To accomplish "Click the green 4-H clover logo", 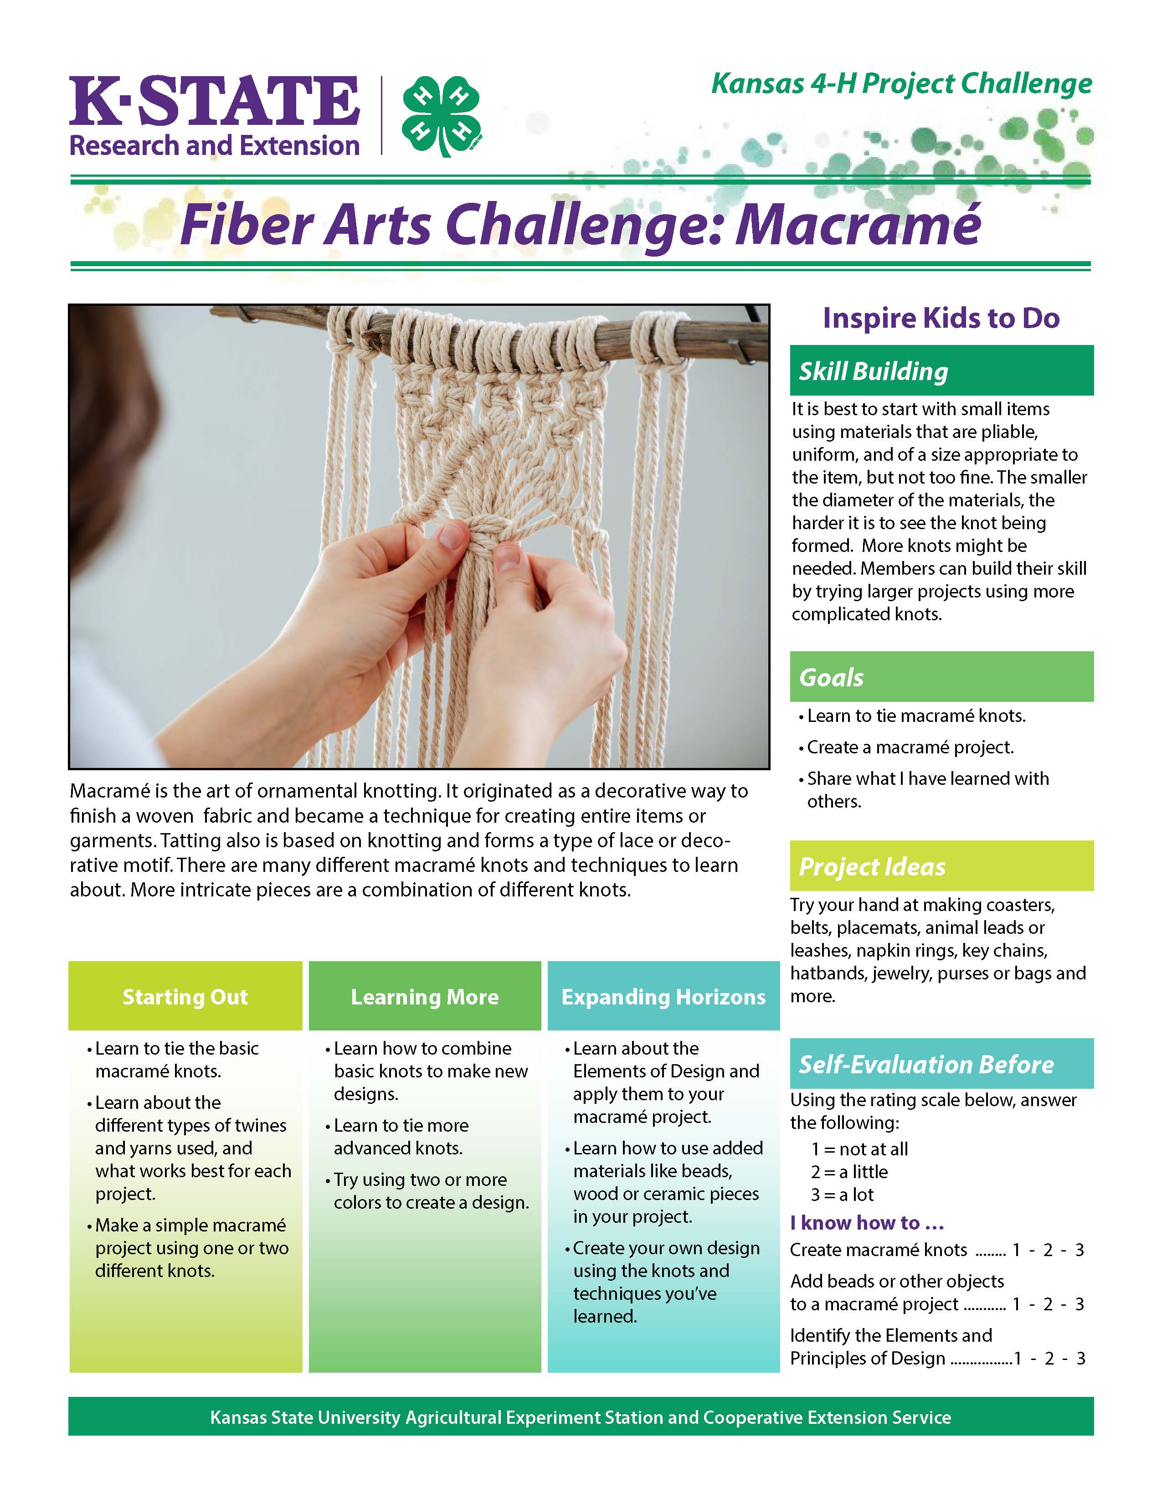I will click(x=441, y=116).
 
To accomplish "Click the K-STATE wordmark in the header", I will click(x=214, y=101).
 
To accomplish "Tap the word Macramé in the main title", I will click(x=858, y=225).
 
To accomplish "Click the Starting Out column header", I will click(x=185, y=997).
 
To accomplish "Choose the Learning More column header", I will click(x=425, y=997).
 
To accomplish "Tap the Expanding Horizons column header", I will click(x=663, y=997).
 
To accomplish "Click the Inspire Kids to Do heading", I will click(x=941, y=318).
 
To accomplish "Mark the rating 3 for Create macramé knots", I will click(x=1080, y=1250).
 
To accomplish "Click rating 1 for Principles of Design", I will click(x=1018, y=1359).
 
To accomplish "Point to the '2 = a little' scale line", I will click(x=849, y=1172).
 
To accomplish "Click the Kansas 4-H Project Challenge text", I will click(x=901, y=84).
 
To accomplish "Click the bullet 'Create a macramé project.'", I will click(x=910, y=747).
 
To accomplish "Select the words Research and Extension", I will click(x=214, y=146).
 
